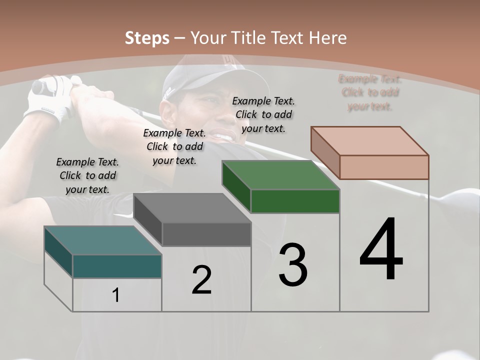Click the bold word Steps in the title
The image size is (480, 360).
pos(147,38)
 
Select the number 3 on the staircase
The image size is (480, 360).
pos(293,265)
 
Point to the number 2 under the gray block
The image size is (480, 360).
pos(201,280)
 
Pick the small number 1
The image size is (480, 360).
pos(116,295)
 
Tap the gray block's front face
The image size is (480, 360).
pos(206,234)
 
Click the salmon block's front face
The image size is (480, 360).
pos(384,167)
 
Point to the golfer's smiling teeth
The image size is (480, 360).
pos(223,136)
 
